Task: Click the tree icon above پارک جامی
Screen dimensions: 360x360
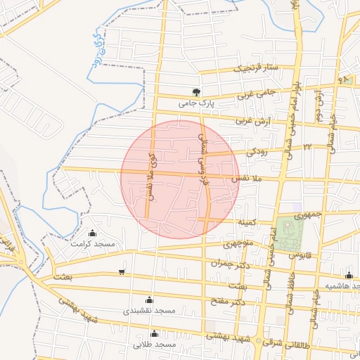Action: point(196,92)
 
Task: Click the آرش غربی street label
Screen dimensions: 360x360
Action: point(254,122)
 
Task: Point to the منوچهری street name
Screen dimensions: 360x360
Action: point(237,245)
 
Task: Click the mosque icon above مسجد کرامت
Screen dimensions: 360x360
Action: point(93,233)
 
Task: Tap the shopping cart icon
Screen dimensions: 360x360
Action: point(122,271)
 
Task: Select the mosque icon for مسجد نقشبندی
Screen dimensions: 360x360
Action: point(148,300)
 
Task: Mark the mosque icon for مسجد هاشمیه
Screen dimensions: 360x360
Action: point(349,275)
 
